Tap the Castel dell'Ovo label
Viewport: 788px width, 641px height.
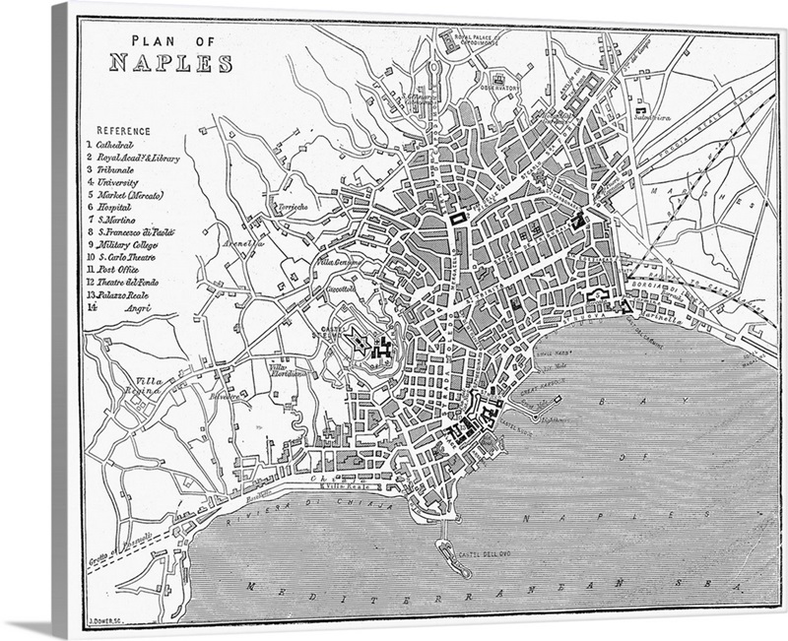coord(480,556)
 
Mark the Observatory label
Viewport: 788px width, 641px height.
coord(499,87)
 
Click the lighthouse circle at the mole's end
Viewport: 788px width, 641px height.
coord(558,399)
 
